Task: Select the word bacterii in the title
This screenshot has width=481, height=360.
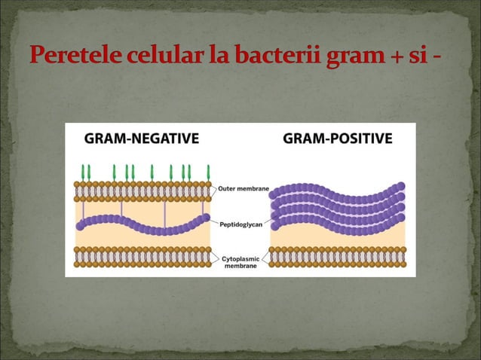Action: point(278,57)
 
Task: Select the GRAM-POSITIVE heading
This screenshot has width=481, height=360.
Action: point(337,139)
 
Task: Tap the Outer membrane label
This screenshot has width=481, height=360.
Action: point(245,188)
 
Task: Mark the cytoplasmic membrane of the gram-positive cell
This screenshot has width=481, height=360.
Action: point(337,256)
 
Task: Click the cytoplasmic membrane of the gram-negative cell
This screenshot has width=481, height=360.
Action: point(142,256)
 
